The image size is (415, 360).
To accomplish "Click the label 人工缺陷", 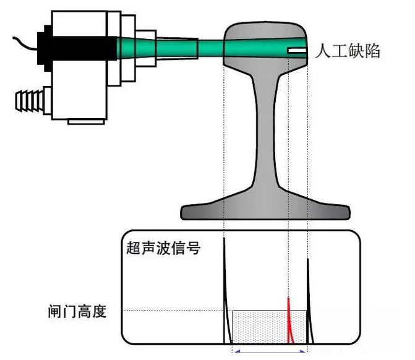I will tap(348, 51).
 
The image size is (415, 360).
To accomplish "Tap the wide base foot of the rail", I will tap(265, 207).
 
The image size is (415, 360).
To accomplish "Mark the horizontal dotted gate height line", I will tap(173, 311).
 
